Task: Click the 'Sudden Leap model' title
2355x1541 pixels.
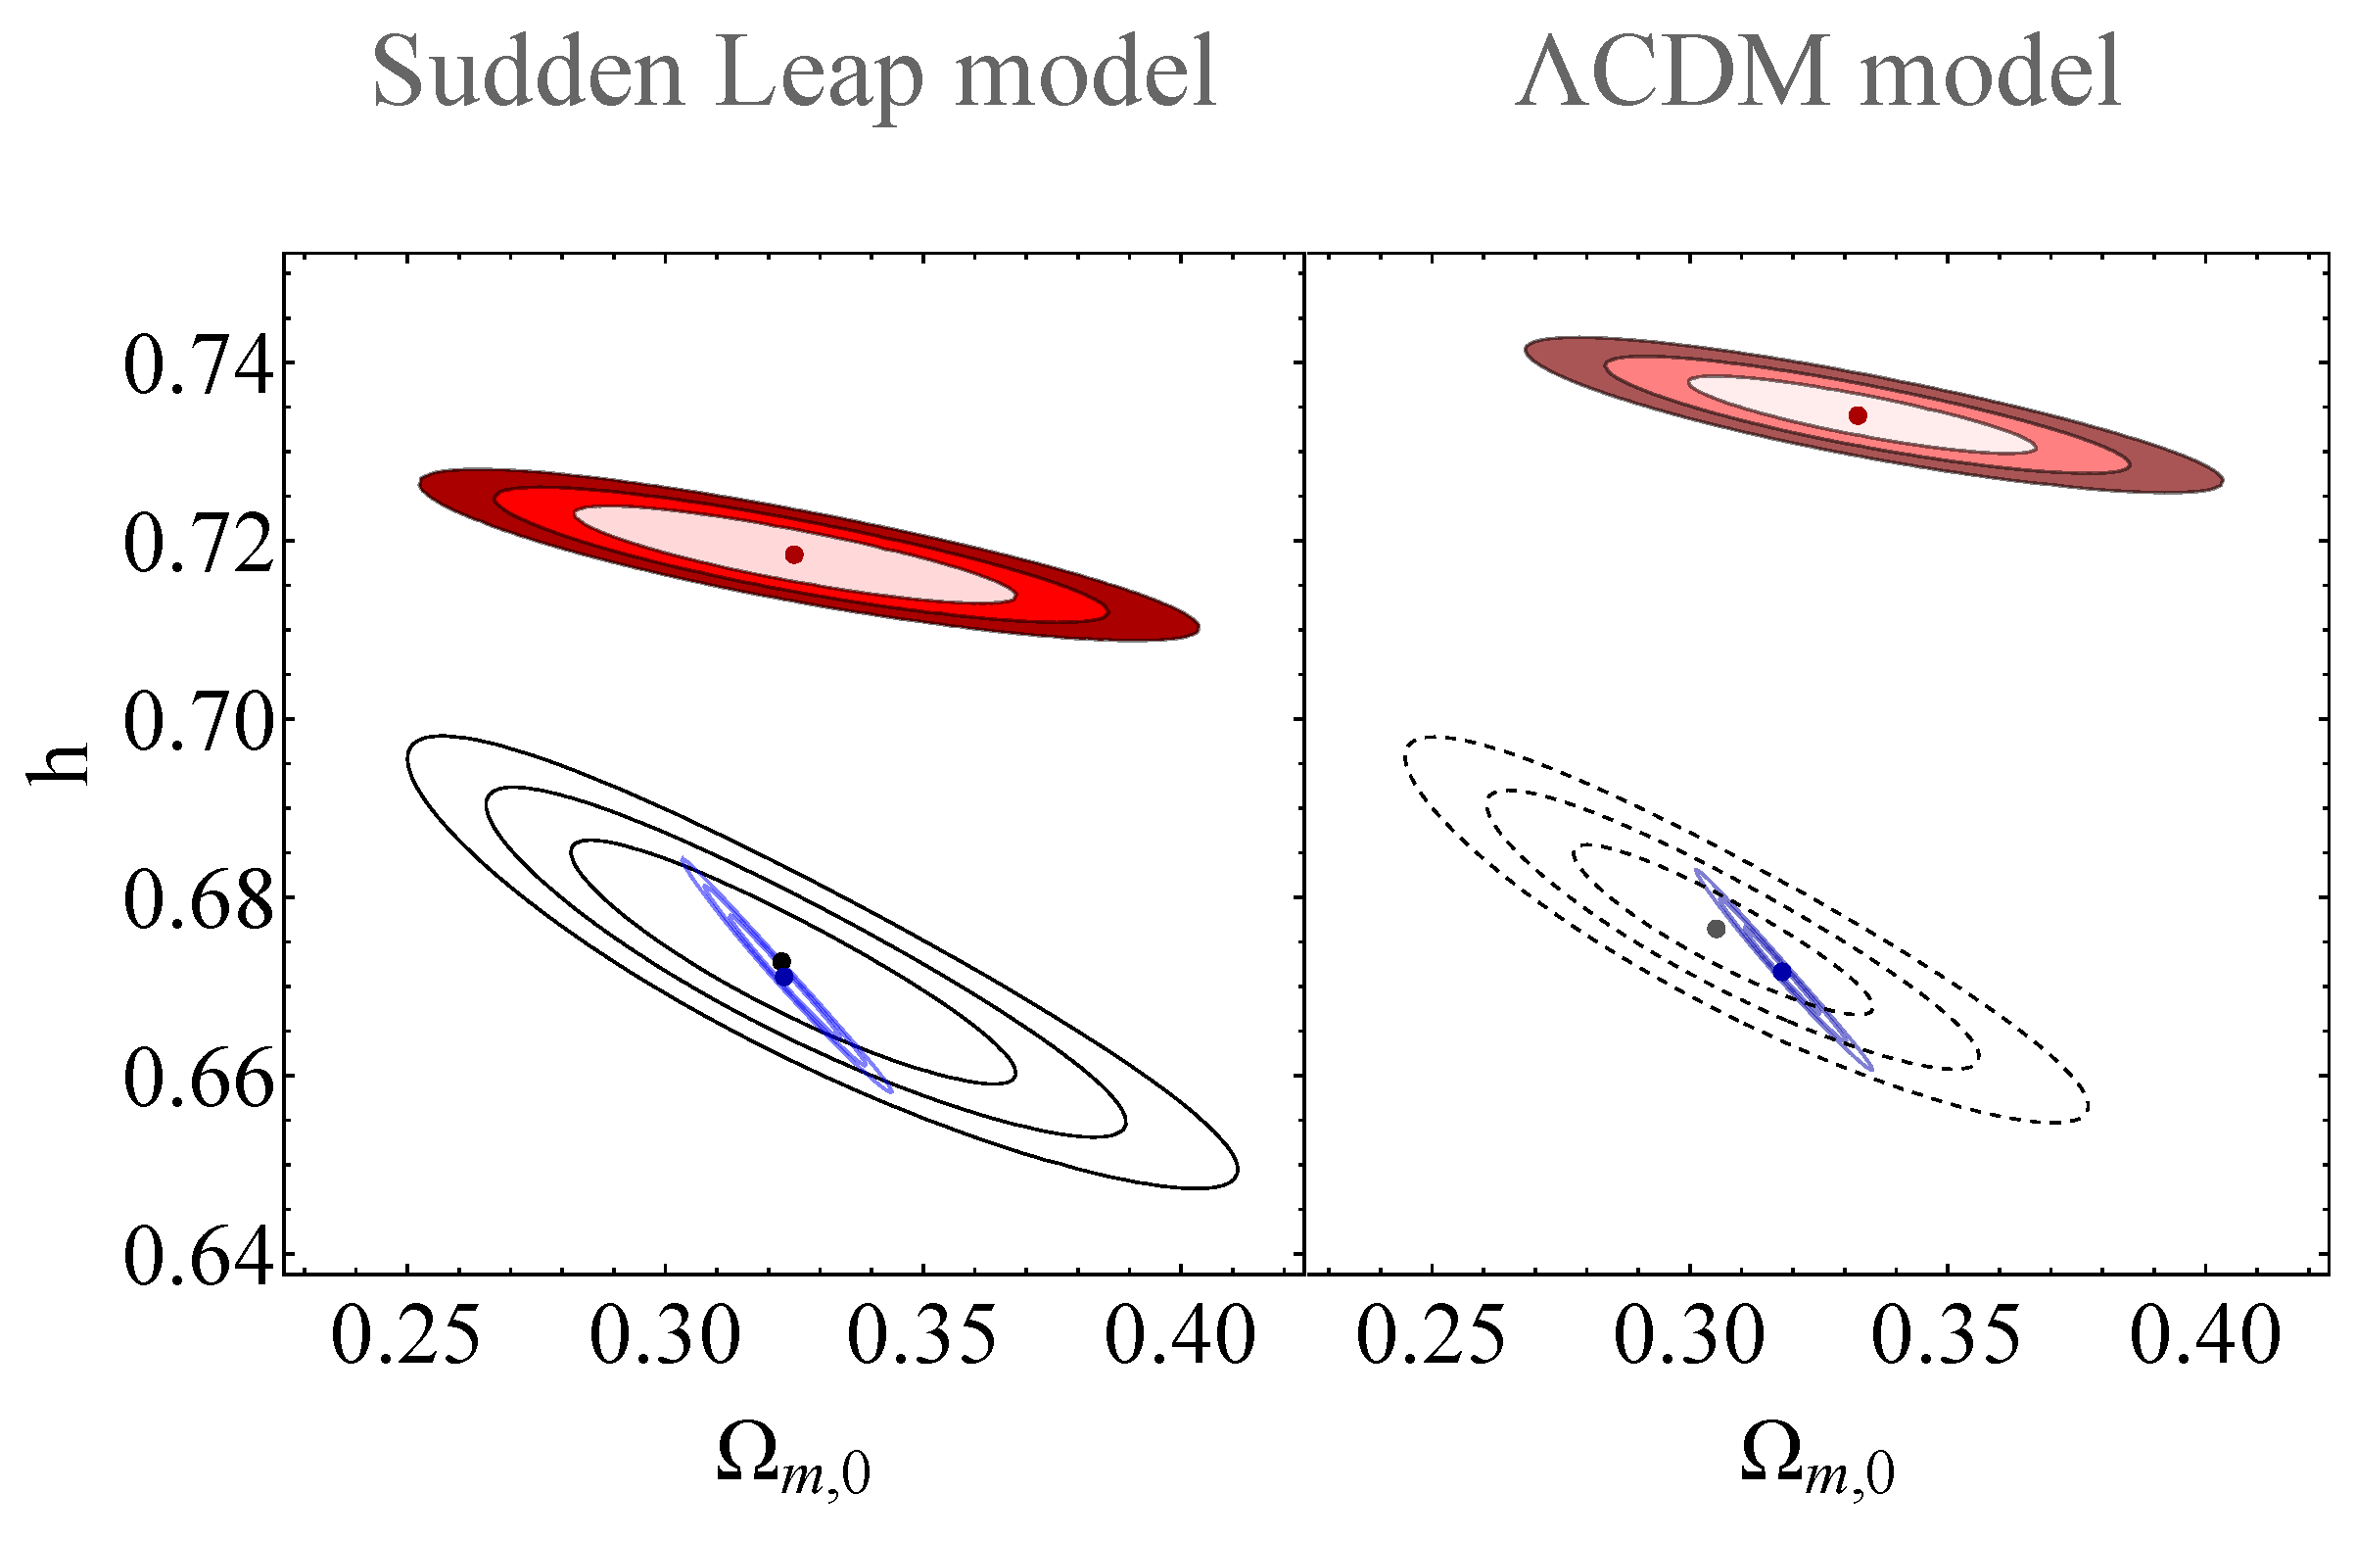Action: (x=793, y=74)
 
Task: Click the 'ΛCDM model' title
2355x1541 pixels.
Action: (x=1817, y=74)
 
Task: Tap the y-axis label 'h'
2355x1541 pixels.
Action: (x=60, y=764)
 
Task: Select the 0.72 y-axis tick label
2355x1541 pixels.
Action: (x=197, y=546)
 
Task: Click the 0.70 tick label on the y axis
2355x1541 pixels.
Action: (x=197, y=723)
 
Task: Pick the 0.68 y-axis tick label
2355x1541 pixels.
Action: (x=197, y=901)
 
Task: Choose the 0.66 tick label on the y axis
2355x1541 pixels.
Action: (x=197, y=1080)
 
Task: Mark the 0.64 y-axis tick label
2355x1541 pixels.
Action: (x=197, y=1259)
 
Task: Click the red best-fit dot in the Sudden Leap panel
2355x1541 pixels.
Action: (x=793, y=554)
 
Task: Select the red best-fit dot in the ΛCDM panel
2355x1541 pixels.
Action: (x=1858, y=415)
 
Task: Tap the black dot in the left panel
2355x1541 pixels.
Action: (x=781, y=961)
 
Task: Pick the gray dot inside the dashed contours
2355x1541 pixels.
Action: (x=1716, y=929)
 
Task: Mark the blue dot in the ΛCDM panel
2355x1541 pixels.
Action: (x=1782, y=972)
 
